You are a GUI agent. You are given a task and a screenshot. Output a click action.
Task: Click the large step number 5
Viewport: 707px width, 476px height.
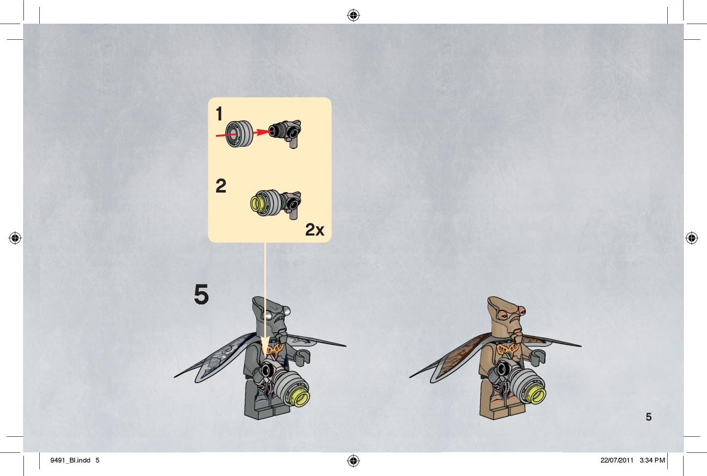click(201, 294)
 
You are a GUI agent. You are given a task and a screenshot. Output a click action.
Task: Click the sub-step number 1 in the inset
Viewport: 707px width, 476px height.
click(219, 114)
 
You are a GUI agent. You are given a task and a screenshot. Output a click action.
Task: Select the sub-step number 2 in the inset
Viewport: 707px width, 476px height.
click(221, 186)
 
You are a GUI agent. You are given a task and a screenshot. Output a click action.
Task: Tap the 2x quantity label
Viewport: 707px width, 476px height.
click(315, 230)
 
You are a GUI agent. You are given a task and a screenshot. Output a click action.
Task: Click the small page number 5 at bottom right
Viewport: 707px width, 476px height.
click(648, 417)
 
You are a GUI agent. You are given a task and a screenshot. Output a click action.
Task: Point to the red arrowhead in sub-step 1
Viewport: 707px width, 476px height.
click(263, 132)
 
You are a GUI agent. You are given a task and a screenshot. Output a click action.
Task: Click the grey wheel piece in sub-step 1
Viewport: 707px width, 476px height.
click(239, 134)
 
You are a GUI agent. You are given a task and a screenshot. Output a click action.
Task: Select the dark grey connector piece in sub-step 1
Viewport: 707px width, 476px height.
click(285, 133)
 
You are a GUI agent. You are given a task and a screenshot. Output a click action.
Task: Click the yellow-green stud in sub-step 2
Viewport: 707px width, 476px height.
click(257, 203)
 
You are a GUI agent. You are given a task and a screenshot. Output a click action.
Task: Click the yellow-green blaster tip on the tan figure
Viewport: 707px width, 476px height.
click(535, 396)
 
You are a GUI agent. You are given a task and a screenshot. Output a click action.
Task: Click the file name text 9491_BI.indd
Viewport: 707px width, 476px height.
click(70, 460)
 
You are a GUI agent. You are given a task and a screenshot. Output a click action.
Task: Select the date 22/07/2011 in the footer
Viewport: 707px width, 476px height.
click(617, 460)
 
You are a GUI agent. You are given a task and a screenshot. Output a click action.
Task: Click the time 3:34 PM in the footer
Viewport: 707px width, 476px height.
click(652, 460)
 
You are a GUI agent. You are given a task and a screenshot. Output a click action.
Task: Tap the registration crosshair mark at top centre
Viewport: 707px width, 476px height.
click(353, 15)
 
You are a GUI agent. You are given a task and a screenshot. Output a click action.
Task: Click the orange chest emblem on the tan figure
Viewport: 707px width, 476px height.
click(508, 349)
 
